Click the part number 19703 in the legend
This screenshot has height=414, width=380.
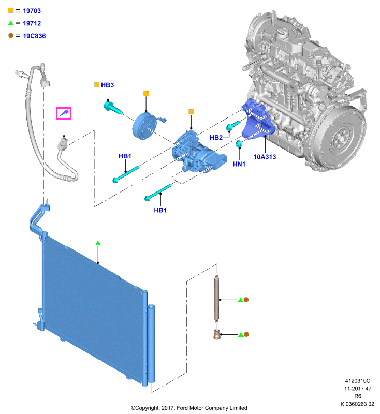tap(32, 11)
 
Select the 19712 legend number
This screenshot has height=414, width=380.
tap(32, 23)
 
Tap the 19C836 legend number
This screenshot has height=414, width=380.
tap(34, 36)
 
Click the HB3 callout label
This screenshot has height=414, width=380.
tap(108, 85)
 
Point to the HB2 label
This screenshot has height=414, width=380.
tap(216, 138)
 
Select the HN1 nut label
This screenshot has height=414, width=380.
tap(239, 164)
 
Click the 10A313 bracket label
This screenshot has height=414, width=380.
tap(265, 157)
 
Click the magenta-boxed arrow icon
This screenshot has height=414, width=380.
tap(64, 113)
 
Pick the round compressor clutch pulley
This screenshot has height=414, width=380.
tap(144, 125)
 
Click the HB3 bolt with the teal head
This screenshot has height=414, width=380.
tap(113, 108)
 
